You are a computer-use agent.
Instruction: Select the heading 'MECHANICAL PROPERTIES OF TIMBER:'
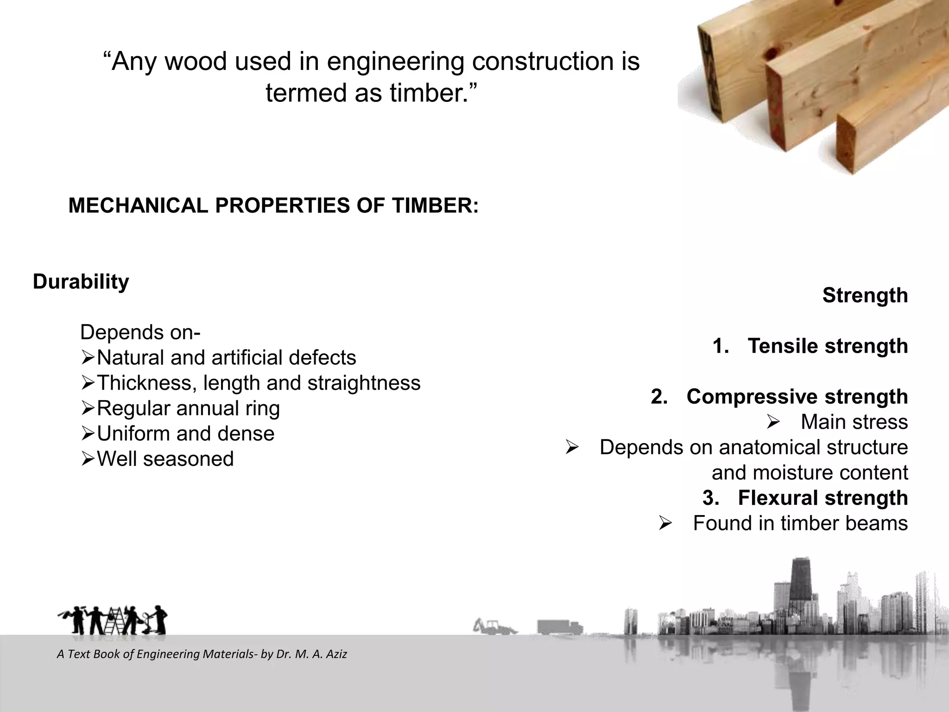coord(273,205)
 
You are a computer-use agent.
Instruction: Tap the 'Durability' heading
coord(81,281)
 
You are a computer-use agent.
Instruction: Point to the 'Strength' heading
coord(865,295)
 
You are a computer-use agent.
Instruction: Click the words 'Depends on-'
coord(140,332)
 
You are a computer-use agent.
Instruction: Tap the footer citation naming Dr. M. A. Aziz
coord(202,654)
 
